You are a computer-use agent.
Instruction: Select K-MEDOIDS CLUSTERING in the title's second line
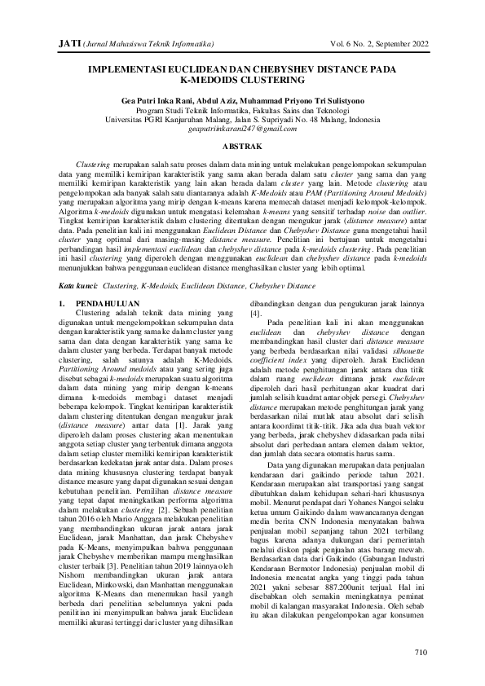pyautogui.click(x=242, y=81)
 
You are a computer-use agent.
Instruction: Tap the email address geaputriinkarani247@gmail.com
pyautogui.click(x=242, y=129)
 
